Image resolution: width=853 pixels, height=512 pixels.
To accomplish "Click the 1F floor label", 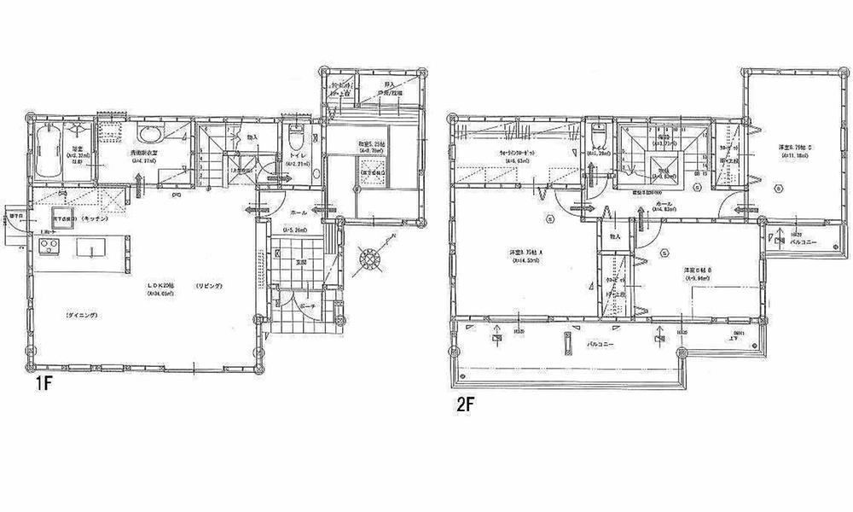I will (44, 384).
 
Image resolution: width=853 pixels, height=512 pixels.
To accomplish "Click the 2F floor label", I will (465, 404).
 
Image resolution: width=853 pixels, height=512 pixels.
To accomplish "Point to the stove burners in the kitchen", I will (47, 248).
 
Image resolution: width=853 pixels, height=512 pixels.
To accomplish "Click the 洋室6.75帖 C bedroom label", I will (793, 147).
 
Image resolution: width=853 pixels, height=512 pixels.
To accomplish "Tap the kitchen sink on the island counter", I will (88, 248).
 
